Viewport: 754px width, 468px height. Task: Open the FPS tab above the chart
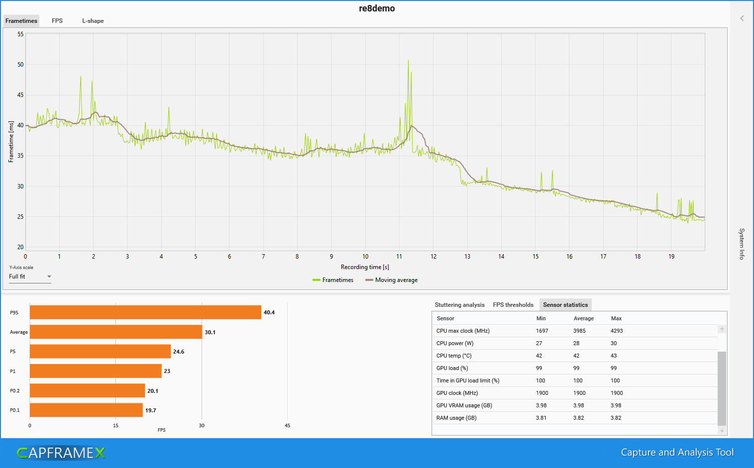point(57,21)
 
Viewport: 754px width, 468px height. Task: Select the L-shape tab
point(93,21)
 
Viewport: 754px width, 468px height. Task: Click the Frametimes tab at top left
point(21,21)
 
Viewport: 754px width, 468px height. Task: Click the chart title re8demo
point(377,8)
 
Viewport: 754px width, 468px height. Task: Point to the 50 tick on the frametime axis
point(20,65)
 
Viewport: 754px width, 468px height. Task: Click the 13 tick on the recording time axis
point(467,257)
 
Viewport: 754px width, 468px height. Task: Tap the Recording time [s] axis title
point(365,267)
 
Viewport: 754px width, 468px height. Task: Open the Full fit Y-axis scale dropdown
point(30,277)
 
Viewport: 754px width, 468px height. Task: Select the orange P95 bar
point(145,312)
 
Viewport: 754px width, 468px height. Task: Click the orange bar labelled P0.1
point(86,410)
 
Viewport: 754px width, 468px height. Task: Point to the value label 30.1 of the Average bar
point(210,332)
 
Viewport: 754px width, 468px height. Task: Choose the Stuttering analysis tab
point(459,305)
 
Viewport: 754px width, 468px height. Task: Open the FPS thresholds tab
point(513,305)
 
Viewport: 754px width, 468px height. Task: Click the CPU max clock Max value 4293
point(617,331)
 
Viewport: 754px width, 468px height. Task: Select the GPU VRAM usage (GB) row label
point(464,405)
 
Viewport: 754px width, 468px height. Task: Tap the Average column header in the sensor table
point(583,318)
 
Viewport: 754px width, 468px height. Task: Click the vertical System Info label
point(742,244)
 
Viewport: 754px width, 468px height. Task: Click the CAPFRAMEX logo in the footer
point(61,453)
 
